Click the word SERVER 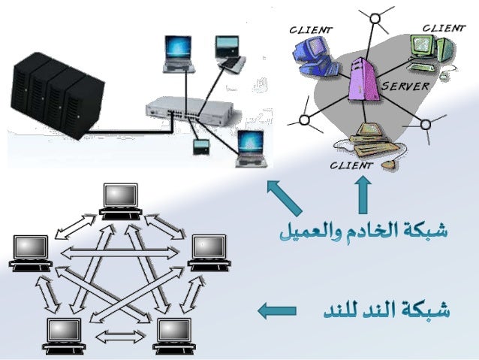coord(405,86)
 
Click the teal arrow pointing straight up coord(363,195)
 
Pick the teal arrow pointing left coord(276,309)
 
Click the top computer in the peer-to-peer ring coord(120,199)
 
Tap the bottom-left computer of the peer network coord(65,334)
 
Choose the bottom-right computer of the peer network coord(173,334)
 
